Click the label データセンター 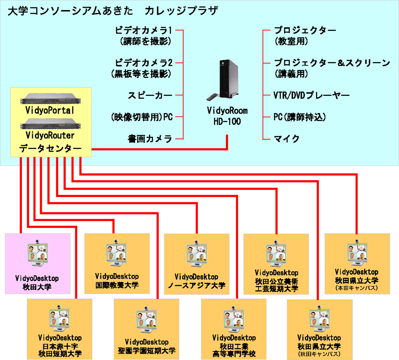tap(50, 149)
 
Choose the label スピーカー tap(150, 95)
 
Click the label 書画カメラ tap(150, 138)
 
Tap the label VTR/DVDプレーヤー tap(312, 95)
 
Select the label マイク tap(286, 138)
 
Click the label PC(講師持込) tap(300, 117)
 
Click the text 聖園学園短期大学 tap(147, 350)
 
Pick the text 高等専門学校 tap(234, 354)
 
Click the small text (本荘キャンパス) tap(356, 288)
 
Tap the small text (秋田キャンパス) tap(319, 354)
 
